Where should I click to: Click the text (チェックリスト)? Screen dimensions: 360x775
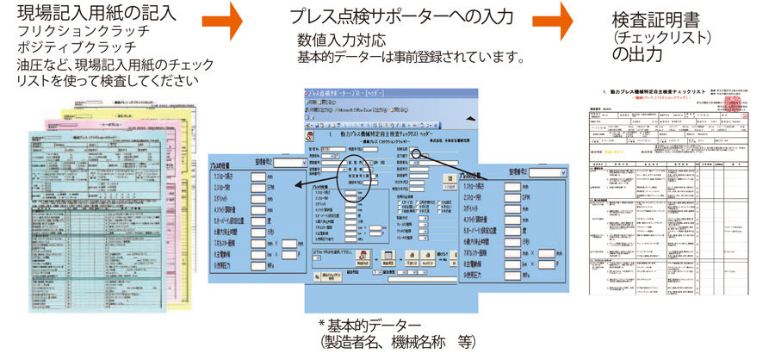[x=650, y=38]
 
